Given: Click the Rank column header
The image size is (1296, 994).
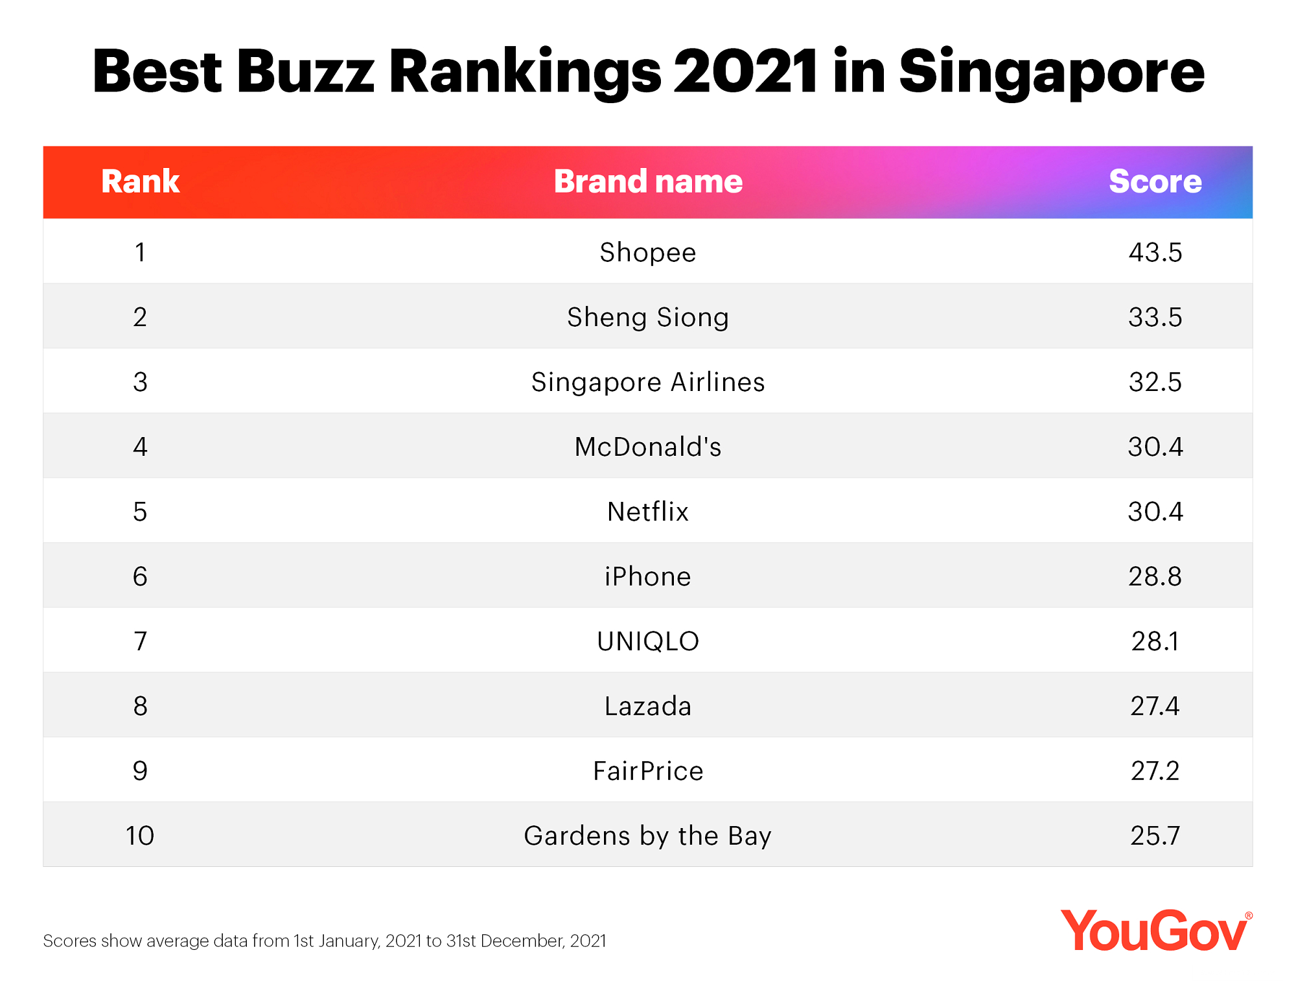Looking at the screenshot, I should tap(140, 182).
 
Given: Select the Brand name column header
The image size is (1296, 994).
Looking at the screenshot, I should tap(648, 182).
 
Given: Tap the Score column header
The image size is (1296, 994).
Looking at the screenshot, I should tap(1155, 182).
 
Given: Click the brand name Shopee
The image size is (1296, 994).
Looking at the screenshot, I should tap(648, 252).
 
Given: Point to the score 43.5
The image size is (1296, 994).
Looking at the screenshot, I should tap(1155, 252).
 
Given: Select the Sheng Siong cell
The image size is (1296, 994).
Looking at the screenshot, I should tap(648, 317).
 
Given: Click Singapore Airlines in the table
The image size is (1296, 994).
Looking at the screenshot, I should tap(648, 382).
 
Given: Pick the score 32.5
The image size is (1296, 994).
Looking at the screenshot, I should tap(1155, 382).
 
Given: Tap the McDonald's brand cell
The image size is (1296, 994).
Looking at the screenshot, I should tap(648, 447).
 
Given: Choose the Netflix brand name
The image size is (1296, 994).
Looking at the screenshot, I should tap(648, 512).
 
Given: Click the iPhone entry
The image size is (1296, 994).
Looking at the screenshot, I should tap(648, 576).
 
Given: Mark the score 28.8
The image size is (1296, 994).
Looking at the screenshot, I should tap(1155, 576).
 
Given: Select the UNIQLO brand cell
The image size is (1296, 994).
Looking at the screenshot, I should tap(648, 641).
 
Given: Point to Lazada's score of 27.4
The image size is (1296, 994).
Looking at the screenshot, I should tap(1155, 706).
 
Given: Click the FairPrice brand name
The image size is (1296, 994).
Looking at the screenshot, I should tap(648, 771).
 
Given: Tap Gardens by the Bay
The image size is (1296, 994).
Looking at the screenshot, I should tap(648, 836).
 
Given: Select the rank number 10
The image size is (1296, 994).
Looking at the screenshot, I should tap(140, 836).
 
